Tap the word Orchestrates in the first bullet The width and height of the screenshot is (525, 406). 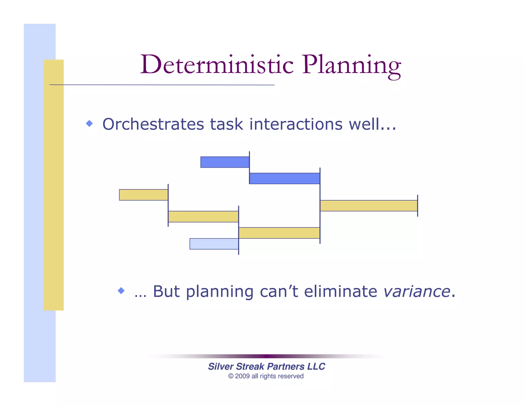153,124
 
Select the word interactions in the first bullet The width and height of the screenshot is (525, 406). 296,124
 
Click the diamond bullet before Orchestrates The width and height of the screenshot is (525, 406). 89,123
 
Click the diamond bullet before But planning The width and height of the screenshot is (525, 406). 121,291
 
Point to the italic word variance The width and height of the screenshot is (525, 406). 417,292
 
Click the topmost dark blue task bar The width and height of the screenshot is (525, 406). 225,162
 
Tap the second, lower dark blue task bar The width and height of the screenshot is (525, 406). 285,178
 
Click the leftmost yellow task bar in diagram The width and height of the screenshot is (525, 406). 144,195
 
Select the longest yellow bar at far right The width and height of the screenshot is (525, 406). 369,206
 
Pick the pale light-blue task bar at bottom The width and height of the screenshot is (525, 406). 214,244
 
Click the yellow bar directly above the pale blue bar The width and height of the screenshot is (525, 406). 203,217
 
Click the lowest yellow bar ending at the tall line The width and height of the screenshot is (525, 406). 279,233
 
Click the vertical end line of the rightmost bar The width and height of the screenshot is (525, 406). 418,206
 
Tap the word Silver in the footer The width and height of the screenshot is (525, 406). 220,366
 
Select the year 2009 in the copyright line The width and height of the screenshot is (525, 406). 242,376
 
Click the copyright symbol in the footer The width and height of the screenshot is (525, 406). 231,376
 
